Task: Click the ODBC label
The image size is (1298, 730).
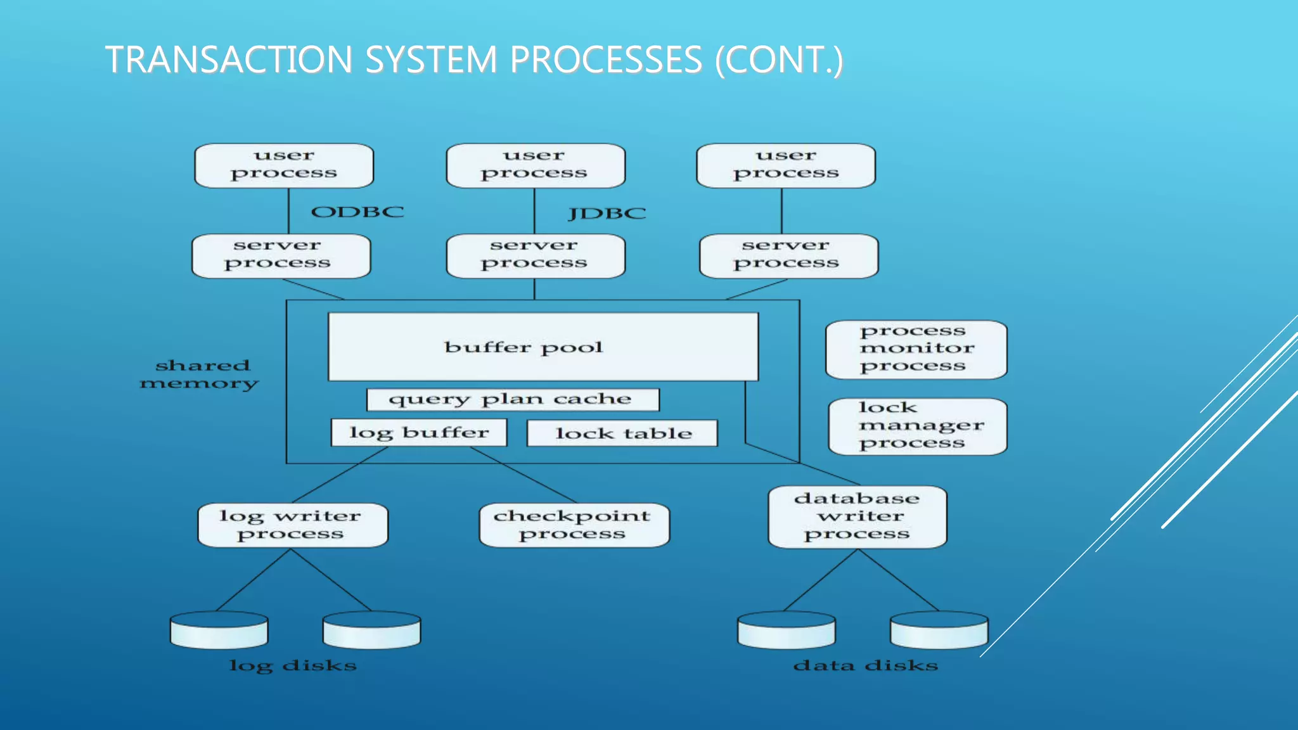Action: [357, 212]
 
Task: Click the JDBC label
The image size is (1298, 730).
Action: [607, 214]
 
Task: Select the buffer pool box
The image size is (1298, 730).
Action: [543, 347]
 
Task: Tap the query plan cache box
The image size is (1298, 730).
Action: [512, 399]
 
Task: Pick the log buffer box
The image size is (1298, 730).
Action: [419, 433]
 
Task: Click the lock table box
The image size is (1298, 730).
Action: [622, 433]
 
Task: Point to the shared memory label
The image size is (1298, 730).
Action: [200, 374]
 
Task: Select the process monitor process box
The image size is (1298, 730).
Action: [916, 349]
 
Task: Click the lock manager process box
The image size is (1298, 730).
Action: [917, 426]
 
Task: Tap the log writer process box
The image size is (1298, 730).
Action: [292, 525]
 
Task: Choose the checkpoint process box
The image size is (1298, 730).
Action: [574, 525]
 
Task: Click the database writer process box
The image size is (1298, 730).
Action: [857, 516]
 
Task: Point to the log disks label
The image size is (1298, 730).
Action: [293, 665]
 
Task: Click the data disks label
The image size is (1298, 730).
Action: [865, 665]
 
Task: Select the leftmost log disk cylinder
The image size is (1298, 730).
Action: [219, 630]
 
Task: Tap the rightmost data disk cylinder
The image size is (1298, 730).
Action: [939, 630]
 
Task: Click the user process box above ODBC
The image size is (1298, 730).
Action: [284, 165]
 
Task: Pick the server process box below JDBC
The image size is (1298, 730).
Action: [535, 256]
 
